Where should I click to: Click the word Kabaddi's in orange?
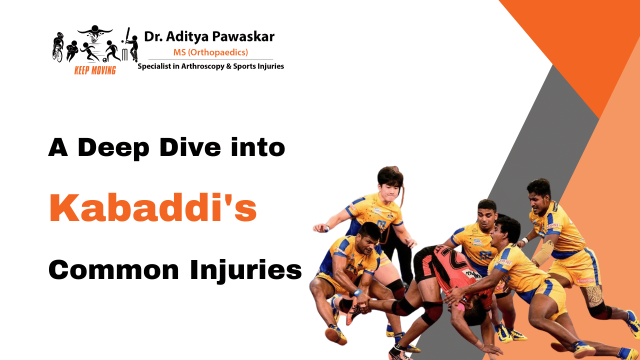(152, 208)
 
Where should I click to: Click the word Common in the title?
(113, 270)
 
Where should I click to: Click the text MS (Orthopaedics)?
(210, 52)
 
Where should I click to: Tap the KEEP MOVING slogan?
(94, 70)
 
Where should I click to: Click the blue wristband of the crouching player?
(357, 292)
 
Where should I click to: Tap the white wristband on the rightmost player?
(524, 240)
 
